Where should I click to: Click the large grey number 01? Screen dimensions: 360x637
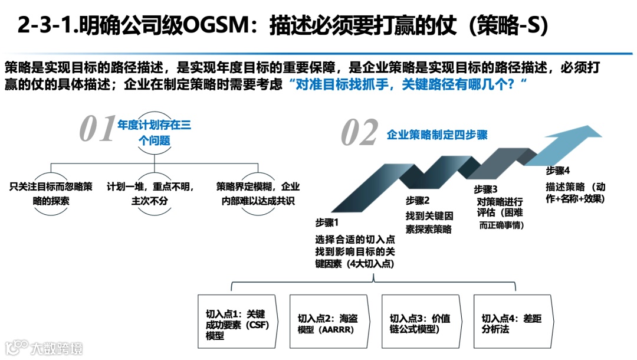point(97,129)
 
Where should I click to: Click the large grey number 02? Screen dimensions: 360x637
point(359,133)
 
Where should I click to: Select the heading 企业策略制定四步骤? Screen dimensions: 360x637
point(437,135)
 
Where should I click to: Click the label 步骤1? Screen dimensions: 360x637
point(328,222)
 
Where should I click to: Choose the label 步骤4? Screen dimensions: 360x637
point(558,171)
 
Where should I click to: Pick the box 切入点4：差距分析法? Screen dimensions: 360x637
point(512,324)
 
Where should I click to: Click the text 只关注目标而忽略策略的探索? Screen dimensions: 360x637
point(51,194)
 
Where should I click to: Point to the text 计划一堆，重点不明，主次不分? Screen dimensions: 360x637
point(154,194)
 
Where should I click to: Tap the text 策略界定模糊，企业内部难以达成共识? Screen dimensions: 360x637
point(258,194)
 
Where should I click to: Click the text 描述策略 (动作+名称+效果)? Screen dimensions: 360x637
point(576,193)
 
